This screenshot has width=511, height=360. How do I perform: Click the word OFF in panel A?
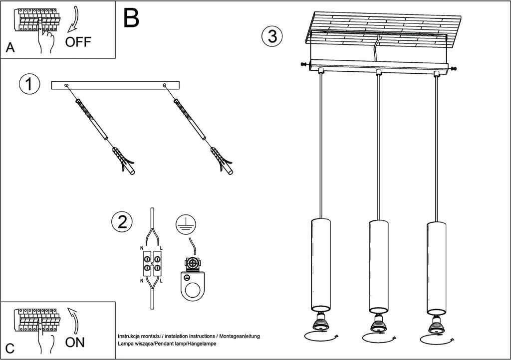click(78, 41)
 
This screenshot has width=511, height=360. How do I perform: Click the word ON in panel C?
click(75, 342)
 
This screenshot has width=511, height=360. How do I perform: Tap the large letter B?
click(131, 18)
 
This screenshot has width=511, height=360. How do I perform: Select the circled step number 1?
click(29, 84)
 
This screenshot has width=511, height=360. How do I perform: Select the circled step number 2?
click(122, 222)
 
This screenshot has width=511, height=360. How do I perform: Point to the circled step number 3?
click(272, 36)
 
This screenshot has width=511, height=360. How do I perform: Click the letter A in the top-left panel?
click(10, 48)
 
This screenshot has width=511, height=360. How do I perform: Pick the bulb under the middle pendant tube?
click(378, 325)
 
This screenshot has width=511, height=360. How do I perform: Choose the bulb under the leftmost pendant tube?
click(319, 325)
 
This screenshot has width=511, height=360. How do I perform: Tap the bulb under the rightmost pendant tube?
click(436, 325)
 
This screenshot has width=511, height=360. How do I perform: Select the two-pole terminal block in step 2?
click(152, 264)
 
